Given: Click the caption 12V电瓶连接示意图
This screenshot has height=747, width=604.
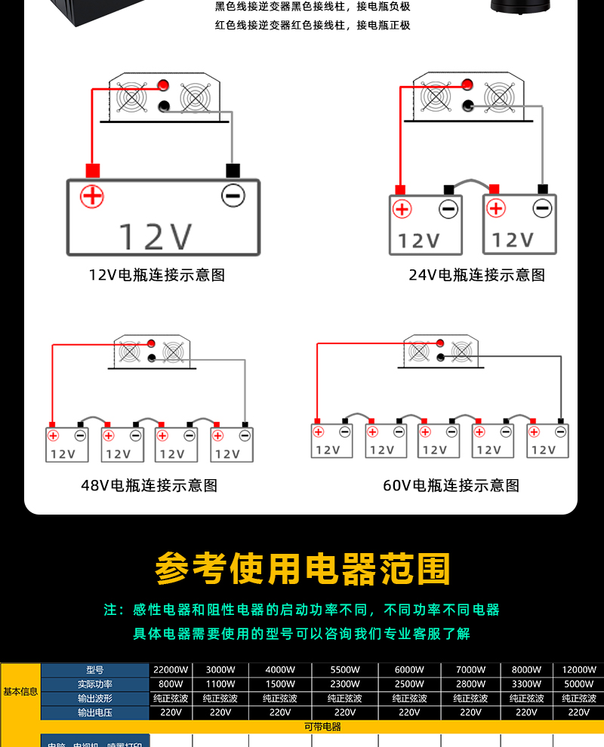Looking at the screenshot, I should pyautogui.click(x=156, y=275).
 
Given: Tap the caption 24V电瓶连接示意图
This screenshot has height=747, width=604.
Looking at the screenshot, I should pyautogui.click(x=476, y=275).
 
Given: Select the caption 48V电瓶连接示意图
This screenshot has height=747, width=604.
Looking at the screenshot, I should pyautogui.click(x=149, y=485).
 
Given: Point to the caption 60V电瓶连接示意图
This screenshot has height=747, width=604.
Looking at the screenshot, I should pyautogui.click(x=451, y=485).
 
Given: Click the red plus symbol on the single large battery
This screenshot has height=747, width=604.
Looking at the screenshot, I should pyautogui.click(x=92, y=196).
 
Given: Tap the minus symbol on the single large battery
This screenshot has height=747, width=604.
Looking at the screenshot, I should pyautogui.click(x=233, y=196).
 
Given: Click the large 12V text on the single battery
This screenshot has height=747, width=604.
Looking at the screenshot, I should pyautogui.click(x=156, y=236).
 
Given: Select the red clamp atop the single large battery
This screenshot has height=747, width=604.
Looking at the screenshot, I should pyautogui.click(x=93, y=171).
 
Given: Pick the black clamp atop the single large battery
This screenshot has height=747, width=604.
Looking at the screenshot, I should pyautogui.click(x=233, y=171).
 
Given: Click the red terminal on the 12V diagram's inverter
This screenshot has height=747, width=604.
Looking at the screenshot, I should pyautogui.click(x=162, y=85).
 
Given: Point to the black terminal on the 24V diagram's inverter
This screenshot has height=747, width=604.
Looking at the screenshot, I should pyautogui.click(x=468, y=106).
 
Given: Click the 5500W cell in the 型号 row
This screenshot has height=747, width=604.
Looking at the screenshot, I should pyautogui.click(x=345, y=669).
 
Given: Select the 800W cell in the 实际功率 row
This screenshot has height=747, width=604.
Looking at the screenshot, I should pyautogui.click(x=171, y=684).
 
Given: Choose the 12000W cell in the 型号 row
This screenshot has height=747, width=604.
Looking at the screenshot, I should pyautogui.click(x=578, y=669).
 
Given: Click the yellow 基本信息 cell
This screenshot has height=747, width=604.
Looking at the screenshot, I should pyautogui.click(x=20, y=691).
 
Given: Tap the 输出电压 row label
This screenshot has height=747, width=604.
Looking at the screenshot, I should pyautogui.click(x=94, y=712).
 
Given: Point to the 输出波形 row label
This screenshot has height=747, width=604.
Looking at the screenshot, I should pyautogui.click(x=94, y=698).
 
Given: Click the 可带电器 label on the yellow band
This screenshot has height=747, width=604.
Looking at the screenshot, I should pyautogui.click(x=322, y=727).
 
